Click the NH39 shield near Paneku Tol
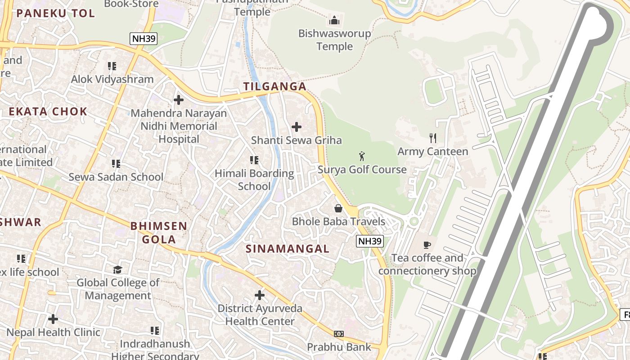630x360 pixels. pos(144,39)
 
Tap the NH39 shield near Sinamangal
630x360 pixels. pos(370,241)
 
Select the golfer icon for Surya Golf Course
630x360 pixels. pos(362,156)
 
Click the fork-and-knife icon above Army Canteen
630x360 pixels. pos(433,138)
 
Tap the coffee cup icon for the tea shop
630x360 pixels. pos(427,245)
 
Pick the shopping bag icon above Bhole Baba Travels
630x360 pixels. pos(338,208)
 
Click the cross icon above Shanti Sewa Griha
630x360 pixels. pos(297,127)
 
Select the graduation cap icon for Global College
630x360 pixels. pos(117,269)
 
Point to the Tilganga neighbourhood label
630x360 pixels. pos(274,86)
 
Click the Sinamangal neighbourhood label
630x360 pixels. pos(288,248)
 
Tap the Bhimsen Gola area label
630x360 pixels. pos(159,232)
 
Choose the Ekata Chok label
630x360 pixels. pos(48,112)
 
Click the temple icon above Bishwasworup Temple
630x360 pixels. pos(334,20)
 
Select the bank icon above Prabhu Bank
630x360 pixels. pos(339,334)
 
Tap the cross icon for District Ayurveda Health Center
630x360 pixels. pos(260,295)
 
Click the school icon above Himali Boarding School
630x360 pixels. pos(254,160)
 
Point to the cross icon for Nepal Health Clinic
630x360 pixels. pos(53,319)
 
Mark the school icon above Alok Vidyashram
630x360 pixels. pos(112,66)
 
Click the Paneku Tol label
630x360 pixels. pos(56,13)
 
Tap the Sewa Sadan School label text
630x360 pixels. pos(116,177)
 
